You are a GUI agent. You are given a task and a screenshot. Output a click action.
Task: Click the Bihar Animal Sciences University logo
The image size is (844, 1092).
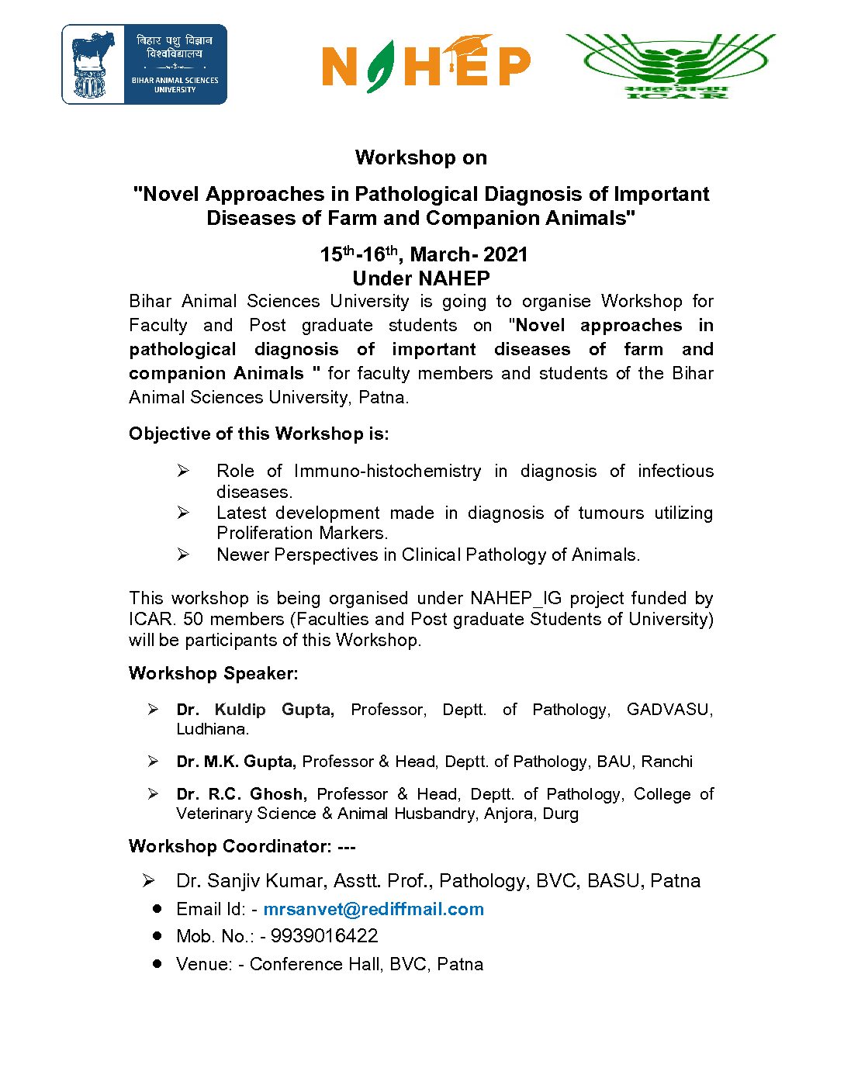[x=144, y=64]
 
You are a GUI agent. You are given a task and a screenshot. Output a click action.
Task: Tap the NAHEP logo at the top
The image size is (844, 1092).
[x=426, y=64]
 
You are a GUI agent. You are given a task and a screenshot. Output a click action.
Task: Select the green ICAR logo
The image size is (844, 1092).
[x=672, y=65]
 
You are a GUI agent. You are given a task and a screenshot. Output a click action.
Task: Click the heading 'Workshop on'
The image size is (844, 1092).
[x=420, y=157]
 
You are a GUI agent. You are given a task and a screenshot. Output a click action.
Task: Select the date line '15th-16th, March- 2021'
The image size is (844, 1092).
[x=424, y=254]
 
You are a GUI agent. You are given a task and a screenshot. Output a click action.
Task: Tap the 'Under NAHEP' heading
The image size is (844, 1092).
[x=420, y=278]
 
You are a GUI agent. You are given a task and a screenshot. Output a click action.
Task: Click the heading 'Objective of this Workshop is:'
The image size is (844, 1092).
[x=259, y=434]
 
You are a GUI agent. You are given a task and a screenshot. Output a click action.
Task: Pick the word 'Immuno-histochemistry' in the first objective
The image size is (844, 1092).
[x=387, y=471]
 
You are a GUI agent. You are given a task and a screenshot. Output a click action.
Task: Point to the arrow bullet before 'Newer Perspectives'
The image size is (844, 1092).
[x=183, y=555]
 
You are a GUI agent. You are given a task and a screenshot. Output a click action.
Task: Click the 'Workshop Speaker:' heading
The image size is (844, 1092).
[x=213, y=673]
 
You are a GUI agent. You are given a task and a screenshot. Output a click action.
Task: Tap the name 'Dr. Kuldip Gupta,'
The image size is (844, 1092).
[x=255, y=710]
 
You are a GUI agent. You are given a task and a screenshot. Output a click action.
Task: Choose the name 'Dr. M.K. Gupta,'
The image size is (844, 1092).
[x=236, y=762]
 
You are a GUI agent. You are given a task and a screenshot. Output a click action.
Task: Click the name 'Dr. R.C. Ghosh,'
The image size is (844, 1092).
[x=241, y=794]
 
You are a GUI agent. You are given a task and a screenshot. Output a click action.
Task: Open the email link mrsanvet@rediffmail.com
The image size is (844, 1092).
[x=373, y=909]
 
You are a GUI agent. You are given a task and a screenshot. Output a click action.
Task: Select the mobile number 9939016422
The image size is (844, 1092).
[x=324, y=936]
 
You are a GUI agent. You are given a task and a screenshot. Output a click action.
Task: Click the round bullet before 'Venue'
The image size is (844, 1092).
[x=157, y=963]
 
